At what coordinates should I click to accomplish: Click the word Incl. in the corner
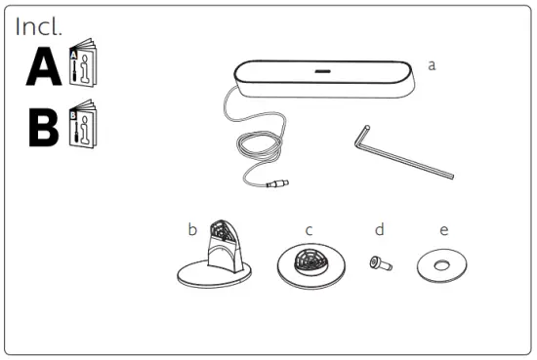tap(39, 27)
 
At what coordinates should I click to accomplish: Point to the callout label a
tap(432, 64)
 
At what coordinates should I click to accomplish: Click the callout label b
tap(192, 230)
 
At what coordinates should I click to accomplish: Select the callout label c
tap(308, 230)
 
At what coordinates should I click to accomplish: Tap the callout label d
tap(379, 230)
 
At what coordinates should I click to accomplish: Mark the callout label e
tap(444, 230)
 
